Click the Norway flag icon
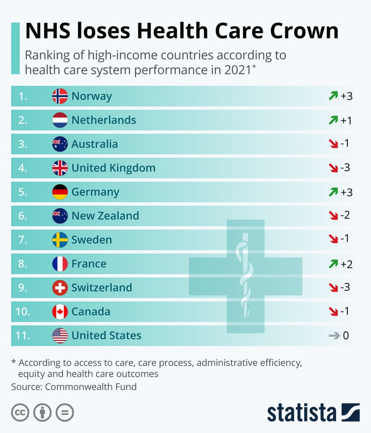pos(60,96)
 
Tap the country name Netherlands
pos(103,120)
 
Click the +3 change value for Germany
pos(346,192)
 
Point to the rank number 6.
pos(23,216)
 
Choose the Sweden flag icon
pos(60,240)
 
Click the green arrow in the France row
pos(333,264)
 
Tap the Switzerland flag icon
pos(60,288)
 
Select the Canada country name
pos(90,311)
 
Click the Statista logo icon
pos(350,412)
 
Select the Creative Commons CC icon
pos(20,412)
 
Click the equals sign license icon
pos(65,412)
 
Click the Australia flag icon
pos(60,144)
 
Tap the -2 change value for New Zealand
pos(345,216)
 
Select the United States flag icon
pos(60,336)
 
